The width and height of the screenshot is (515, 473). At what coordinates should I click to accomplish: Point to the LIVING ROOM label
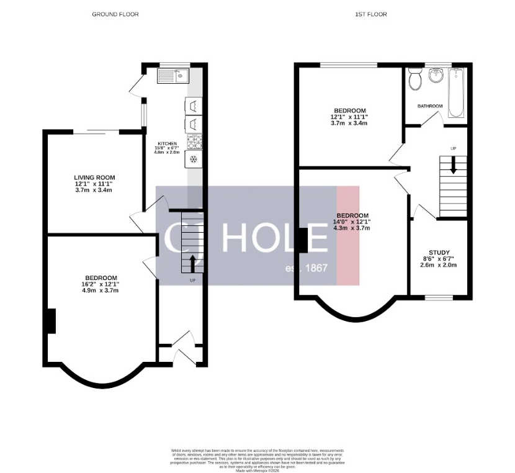click(95, 178)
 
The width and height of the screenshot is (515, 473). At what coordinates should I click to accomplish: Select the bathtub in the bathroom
click(456, 93)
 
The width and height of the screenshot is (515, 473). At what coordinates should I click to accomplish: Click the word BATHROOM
click(429, 106)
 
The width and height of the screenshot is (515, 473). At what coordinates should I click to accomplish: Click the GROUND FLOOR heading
click(115, 14)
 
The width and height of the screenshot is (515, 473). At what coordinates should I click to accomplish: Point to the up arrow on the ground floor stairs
click(192, 260)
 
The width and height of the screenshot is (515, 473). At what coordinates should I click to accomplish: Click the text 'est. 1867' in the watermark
click(307, 268)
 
